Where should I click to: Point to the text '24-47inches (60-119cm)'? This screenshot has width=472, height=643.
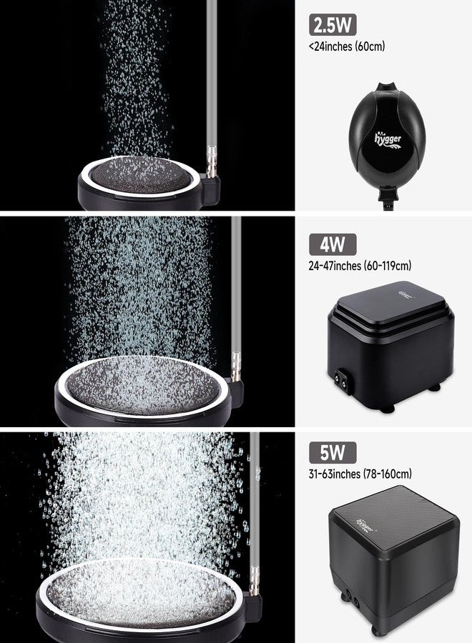[360, 266]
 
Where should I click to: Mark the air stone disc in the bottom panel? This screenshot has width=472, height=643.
[136, 596]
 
